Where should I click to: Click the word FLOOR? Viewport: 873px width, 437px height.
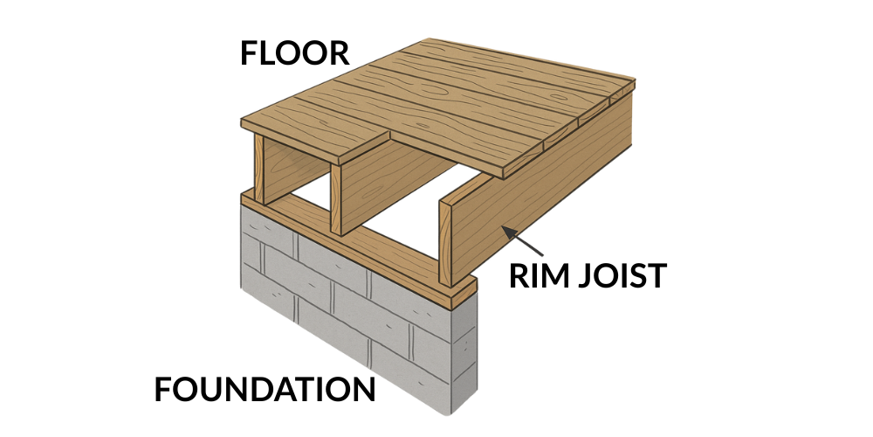point(295,53)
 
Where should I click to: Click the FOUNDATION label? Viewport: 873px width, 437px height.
point(265,389)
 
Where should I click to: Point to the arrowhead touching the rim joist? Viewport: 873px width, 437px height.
point(504,229)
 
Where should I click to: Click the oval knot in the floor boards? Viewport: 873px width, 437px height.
point(430,91)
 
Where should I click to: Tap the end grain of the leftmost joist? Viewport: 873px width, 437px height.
point(258,170)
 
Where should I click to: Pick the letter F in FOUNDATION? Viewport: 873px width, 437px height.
point(165,389)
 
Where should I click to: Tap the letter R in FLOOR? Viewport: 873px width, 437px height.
point(338,53)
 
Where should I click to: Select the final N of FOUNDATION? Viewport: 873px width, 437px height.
point(363,389)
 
